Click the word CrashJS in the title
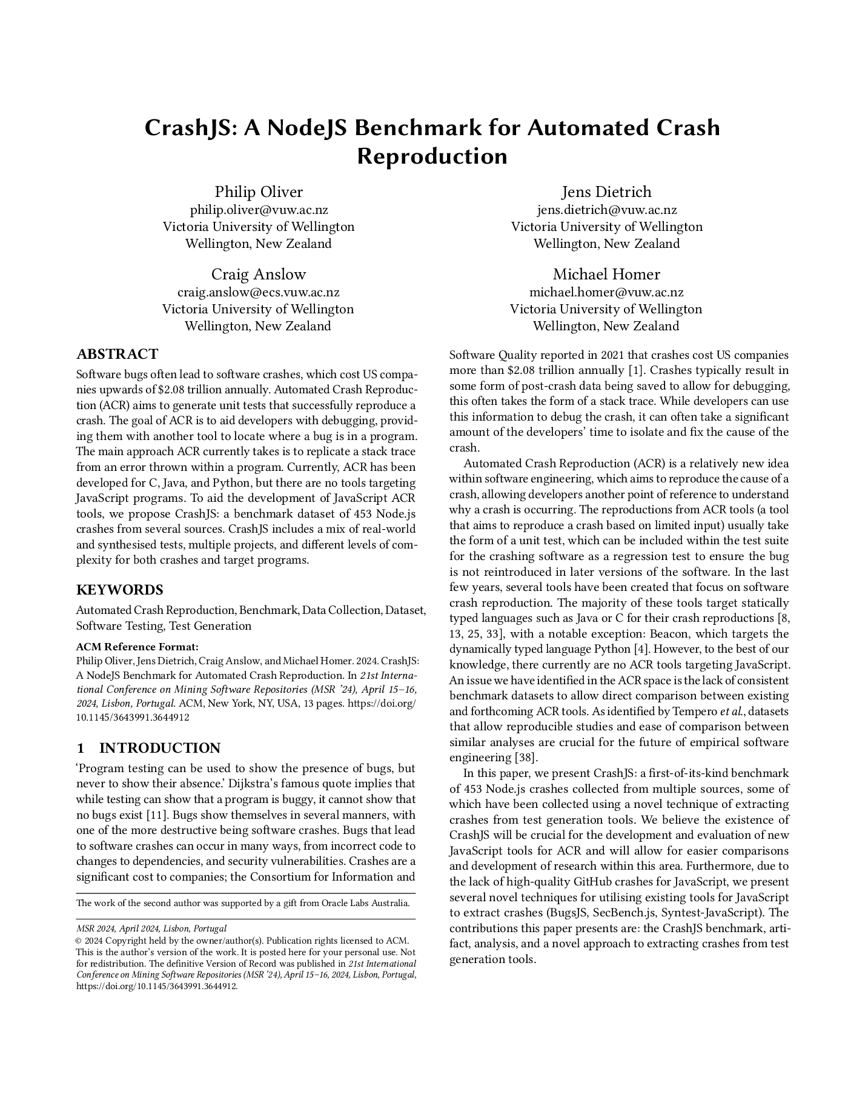click(185, 128)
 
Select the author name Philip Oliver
click(259, 192)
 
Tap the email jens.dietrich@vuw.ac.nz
click(607, 210)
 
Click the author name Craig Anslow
click(259, 274)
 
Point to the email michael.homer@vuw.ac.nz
click(606, 292)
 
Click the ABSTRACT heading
click(117, 355)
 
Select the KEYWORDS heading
click(119, 590)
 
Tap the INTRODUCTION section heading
click(159, 748)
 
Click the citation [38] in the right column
click(526, 758)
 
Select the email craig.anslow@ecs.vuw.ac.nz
click(259, 292)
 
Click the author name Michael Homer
click(606, 274)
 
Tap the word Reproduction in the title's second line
click(432, 156)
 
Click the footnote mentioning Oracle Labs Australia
click(243, 903)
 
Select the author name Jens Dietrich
click(606, 192)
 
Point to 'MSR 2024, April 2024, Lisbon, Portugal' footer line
click(151, 928)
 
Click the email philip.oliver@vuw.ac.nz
click(259, 210)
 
